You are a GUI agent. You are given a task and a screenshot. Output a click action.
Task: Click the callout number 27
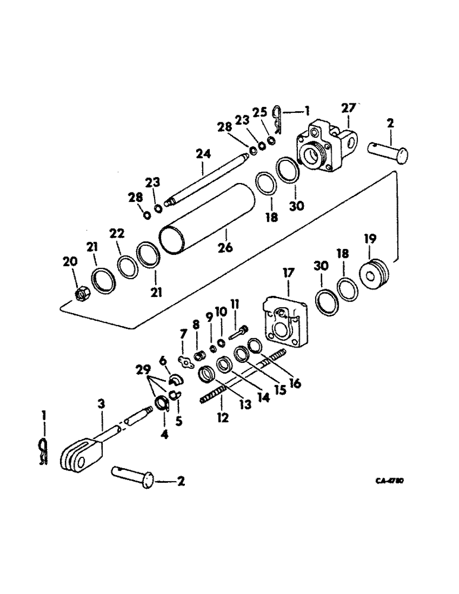pos(347,108)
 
